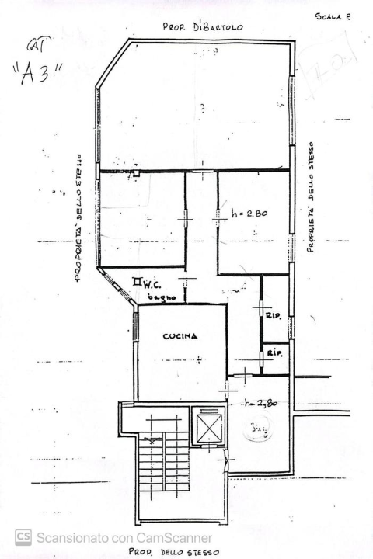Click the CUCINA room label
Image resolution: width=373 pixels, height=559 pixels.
pos(180,336)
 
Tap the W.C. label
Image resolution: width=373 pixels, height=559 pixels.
pos(152,285)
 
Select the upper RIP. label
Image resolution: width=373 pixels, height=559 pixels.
pos(273,315)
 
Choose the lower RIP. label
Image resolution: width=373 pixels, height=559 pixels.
pos(274,352)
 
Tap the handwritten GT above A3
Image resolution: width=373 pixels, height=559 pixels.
pos(35,47)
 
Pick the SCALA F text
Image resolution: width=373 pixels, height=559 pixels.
pos(333,16)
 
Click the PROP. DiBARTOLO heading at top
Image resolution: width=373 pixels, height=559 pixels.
pos(203,26)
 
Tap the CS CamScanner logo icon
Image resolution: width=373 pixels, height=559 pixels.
pos(23,536)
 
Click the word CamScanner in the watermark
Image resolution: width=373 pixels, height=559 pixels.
pos(176,536)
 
